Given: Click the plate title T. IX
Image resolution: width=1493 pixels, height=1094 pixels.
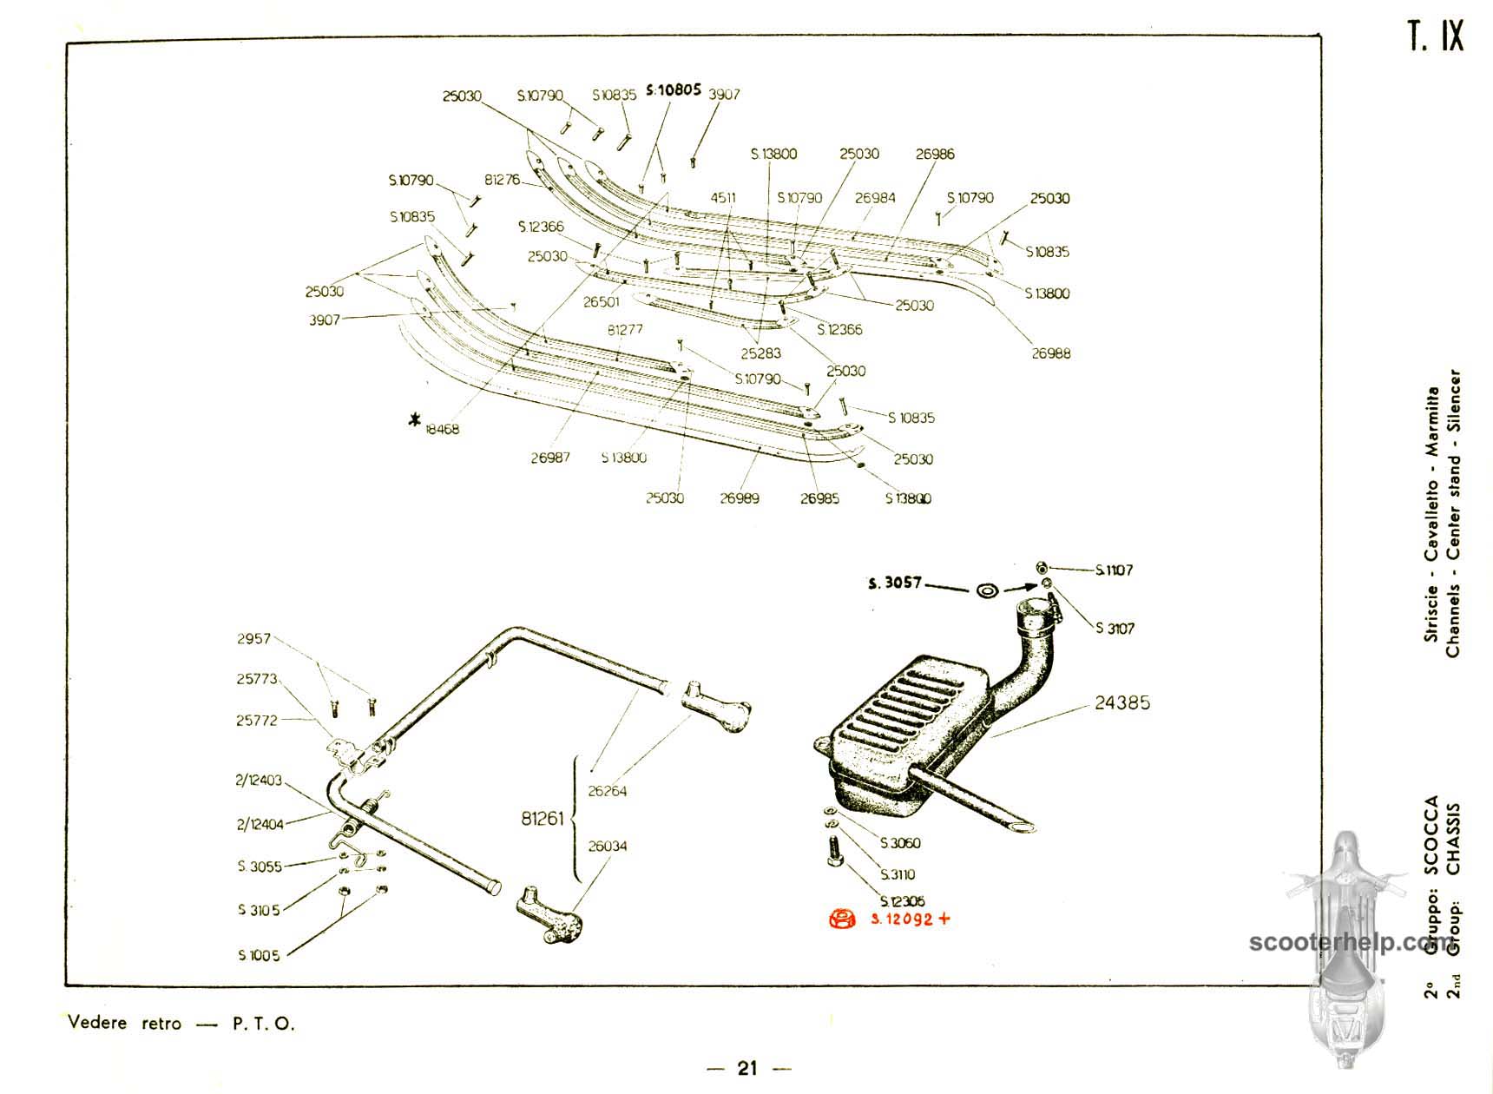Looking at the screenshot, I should [1435, 37].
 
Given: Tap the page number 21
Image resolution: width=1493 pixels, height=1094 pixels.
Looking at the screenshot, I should [747, 1069].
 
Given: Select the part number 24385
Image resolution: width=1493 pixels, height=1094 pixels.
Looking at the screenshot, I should [1121, 702].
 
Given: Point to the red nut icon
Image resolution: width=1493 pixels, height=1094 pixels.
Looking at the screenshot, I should [840, 919].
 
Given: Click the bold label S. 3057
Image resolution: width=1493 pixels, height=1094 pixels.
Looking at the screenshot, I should [894, 584].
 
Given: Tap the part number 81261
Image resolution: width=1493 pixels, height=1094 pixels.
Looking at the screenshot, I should [543, 819].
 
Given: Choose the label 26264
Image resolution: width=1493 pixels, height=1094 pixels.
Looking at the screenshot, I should [607, 791].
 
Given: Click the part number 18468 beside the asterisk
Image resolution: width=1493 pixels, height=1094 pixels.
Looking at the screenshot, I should [442, 429].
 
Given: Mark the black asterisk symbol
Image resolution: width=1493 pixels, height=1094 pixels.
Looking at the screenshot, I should [416, 421].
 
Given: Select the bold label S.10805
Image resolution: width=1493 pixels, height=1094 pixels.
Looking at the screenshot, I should [673, 89].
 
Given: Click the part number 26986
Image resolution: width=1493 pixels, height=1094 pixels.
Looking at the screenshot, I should [935, 154].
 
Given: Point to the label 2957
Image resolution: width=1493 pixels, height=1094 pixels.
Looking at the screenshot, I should [253, 638].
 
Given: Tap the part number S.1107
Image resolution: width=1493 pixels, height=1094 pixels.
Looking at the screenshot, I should [1114, 570].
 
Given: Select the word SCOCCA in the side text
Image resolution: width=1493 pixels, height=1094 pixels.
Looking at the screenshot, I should [1431, 834].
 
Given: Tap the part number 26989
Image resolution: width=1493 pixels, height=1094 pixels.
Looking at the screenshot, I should [739, 498].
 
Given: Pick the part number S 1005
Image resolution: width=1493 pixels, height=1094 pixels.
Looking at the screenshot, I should [259, 955].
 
